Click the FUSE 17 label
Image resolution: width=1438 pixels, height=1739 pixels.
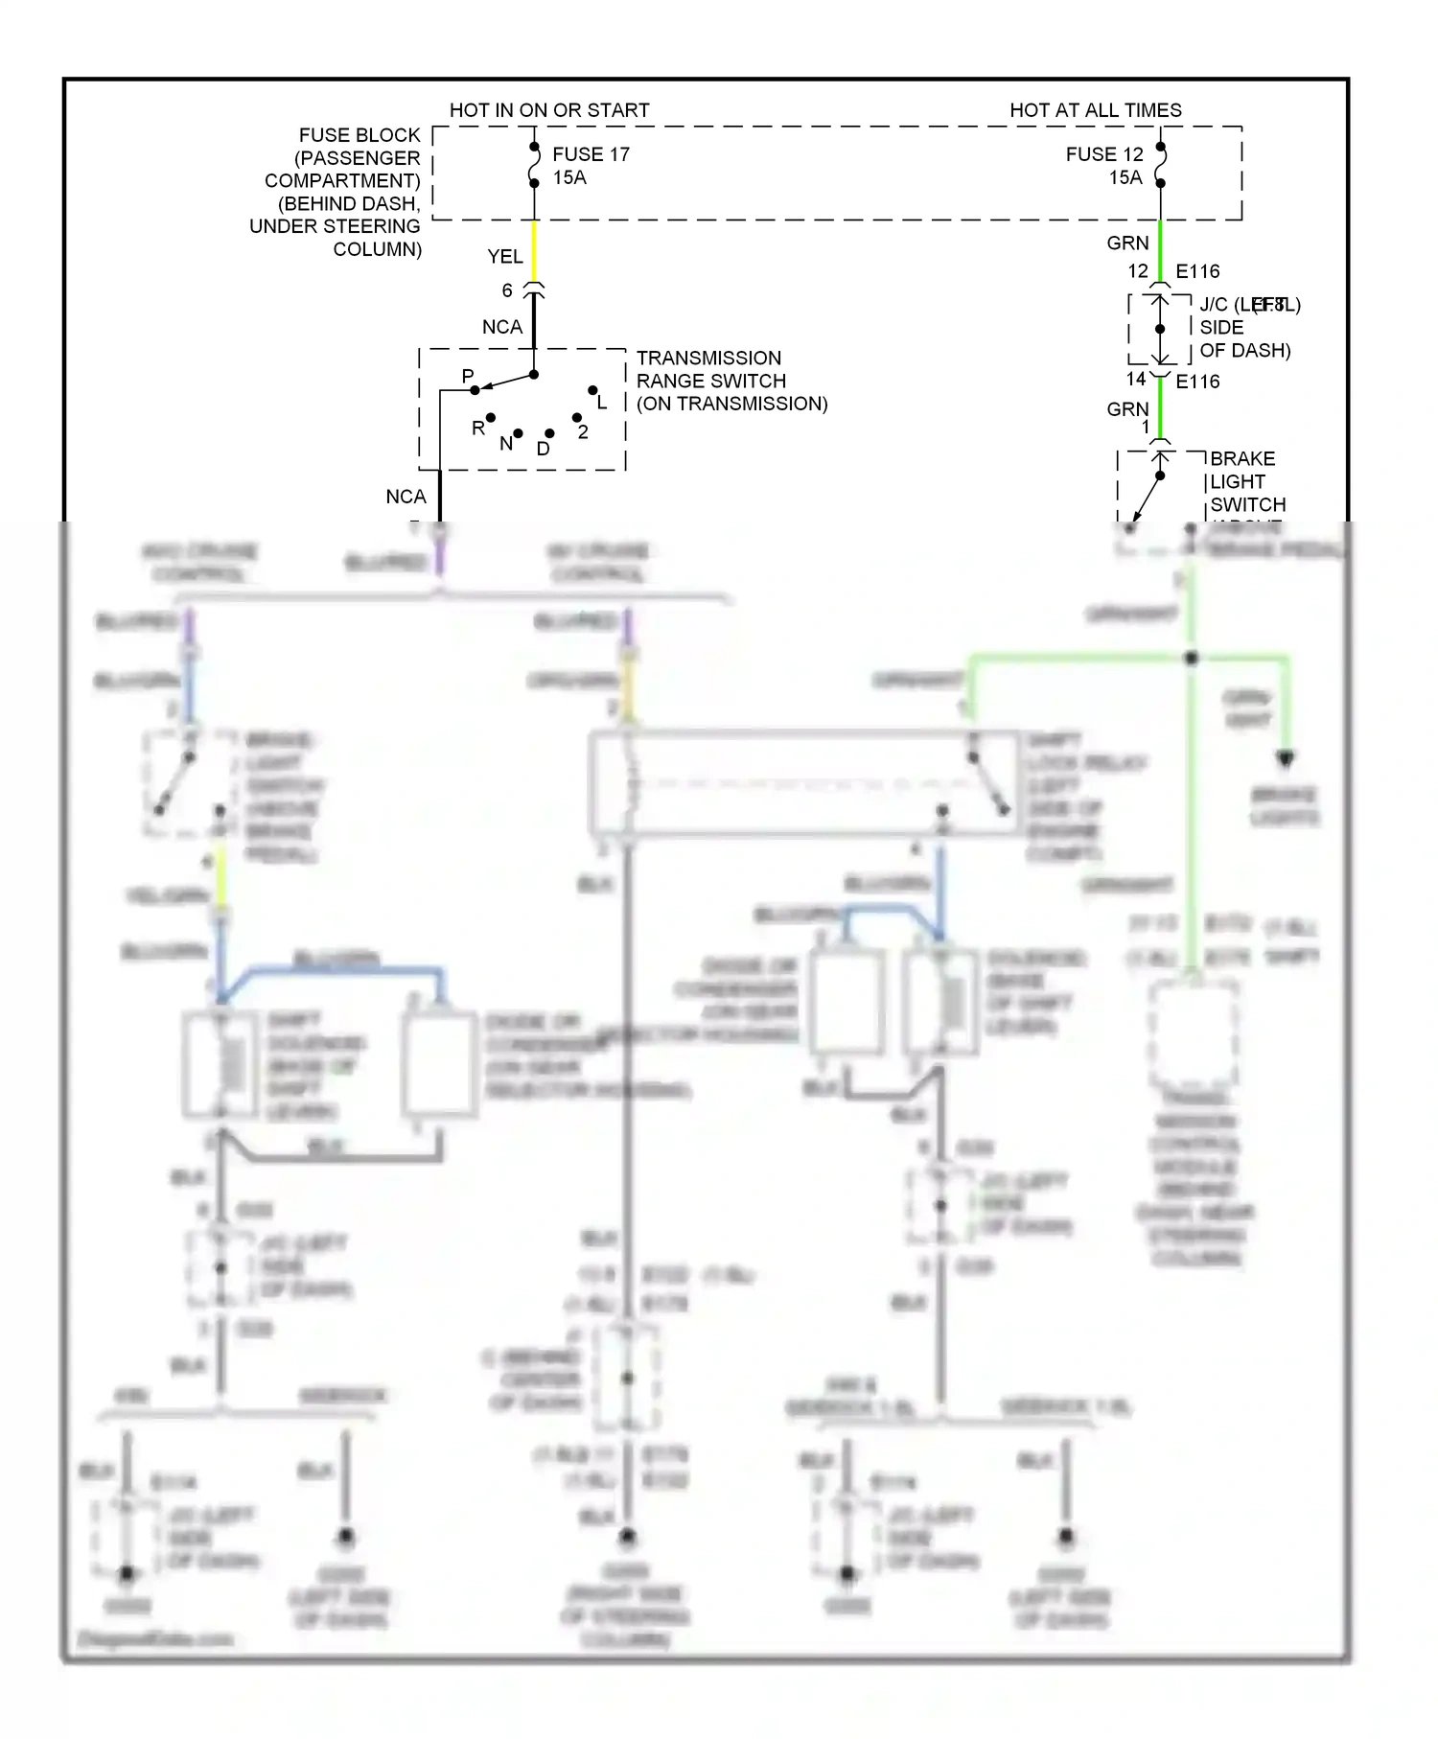coord(591,154)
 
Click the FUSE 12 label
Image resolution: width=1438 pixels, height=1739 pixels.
coord(1104,154)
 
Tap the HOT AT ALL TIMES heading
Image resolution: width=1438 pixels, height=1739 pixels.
coord(1095,110)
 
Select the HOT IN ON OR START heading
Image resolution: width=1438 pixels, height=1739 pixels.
coord(549,110)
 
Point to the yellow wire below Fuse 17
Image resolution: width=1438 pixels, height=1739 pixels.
coord(534,251)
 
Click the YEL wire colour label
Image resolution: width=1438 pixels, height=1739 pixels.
coord(505,257)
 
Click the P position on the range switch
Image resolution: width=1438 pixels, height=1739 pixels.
coord(468,377)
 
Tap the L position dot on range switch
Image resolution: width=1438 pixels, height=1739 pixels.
coord(593,390)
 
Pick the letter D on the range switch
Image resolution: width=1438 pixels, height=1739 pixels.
coord(544,449)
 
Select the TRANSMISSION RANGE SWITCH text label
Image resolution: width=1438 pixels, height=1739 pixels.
coord(731,381)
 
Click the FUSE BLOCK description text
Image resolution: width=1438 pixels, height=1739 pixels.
coord(337,192)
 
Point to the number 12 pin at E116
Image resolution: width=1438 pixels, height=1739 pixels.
coord(1138,271)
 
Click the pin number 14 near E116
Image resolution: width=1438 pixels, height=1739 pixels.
coord(1136,380)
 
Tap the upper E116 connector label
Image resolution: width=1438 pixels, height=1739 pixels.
coord(1197,271)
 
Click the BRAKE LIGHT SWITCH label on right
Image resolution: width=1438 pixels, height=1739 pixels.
coord(1247,481)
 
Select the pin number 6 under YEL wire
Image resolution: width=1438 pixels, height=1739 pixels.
coord(507,290)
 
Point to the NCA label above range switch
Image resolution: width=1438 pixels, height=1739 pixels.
coord(502,327)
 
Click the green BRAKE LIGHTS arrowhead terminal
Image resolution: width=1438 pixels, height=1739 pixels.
coord(1286,758)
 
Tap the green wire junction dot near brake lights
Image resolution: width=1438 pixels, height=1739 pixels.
coord(1192,659)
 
